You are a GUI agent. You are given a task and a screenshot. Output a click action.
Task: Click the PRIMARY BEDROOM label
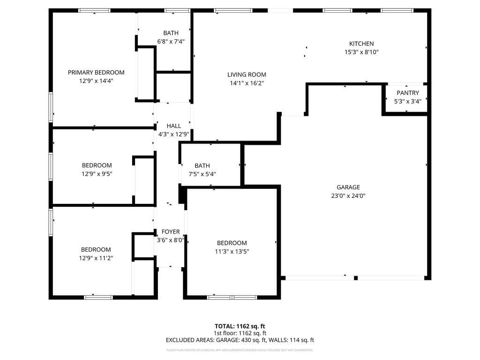click(x=96, y=72)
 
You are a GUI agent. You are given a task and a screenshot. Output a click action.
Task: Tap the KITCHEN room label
click(x=361, y=44)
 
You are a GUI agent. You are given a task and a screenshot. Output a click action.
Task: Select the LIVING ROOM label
click(x=247, y=75)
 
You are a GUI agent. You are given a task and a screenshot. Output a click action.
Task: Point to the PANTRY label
click(x=407, y=93)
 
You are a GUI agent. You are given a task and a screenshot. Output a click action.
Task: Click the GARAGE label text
click(x=348, y=187)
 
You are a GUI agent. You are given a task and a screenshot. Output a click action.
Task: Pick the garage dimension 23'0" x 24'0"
click(x=348, y=196)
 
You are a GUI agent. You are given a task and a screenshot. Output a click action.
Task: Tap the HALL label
click(x=173, y=126)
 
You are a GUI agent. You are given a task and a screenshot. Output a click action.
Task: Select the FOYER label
click(x=171, y=232)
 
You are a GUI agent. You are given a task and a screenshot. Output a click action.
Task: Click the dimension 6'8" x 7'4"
click(x=171, y=41)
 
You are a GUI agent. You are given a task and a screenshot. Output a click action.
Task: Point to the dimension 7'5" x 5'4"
click(x=202, y=174)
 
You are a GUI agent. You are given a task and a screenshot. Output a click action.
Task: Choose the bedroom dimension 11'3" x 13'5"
click(x=232, y=251)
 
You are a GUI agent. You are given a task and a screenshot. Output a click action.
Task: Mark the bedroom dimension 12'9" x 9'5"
click(x=97, y=173)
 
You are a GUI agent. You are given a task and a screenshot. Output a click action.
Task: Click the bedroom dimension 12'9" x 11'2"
click(x=96, y=258)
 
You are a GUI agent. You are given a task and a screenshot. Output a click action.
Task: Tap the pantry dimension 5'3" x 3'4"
click(x=407, y=101)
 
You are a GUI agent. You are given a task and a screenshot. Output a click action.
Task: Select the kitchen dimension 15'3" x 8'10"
click(x=361, y=52)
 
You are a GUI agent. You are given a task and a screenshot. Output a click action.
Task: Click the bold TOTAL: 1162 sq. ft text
click(x=240, y=326)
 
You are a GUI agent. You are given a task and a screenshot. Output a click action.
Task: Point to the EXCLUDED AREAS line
click(x=240, y=340)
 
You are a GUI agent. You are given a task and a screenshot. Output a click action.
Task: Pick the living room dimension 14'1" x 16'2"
click(x=247, y=83)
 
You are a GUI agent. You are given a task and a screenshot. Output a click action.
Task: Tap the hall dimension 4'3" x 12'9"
click(x=174, y=135)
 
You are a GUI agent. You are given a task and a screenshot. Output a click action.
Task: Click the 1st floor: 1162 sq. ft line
click(x=240, y=333)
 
